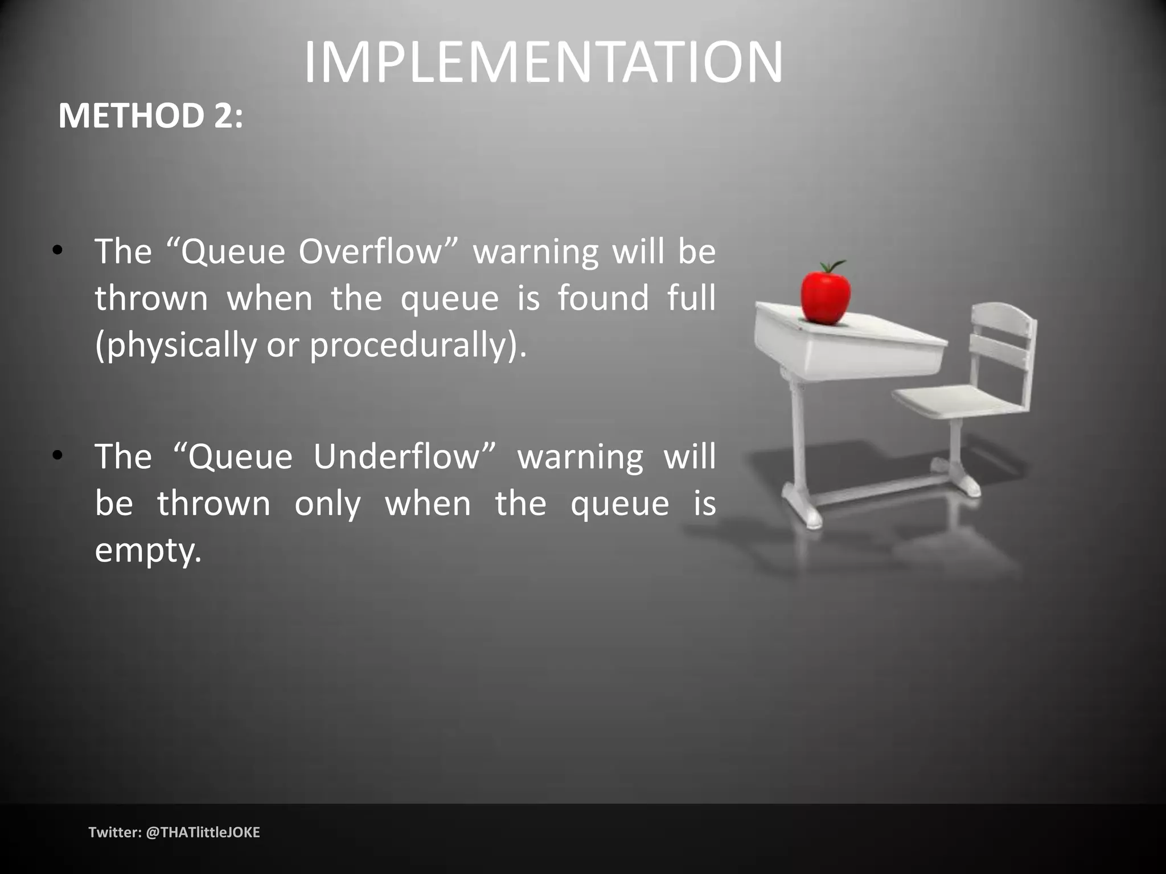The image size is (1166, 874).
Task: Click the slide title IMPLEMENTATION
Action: click(544, 63)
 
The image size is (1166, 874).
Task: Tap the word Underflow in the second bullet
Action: click(405, 456)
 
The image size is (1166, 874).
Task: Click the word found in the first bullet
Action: click(603, 298)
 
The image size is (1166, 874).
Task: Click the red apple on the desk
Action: click(825, 296)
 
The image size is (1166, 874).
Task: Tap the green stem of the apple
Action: click(834, 266)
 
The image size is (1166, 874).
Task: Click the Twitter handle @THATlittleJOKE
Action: click(203, 832)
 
